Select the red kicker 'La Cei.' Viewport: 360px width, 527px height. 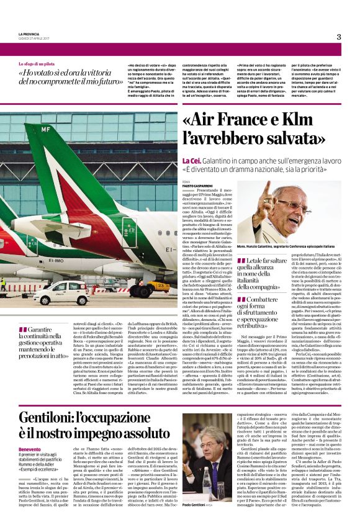192,160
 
